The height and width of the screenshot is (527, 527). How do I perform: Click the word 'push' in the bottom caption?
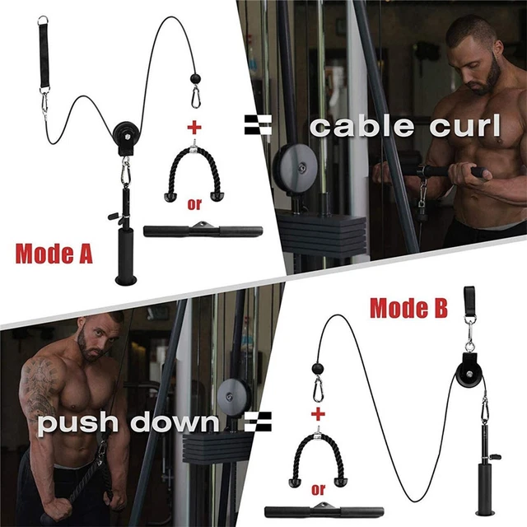pos(81,423)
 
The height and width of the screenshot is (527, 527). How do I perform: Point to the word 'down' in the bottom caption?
pos(176,423)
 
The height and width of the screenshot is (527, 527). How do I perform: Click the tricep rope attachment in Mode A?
pos(195,171)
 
